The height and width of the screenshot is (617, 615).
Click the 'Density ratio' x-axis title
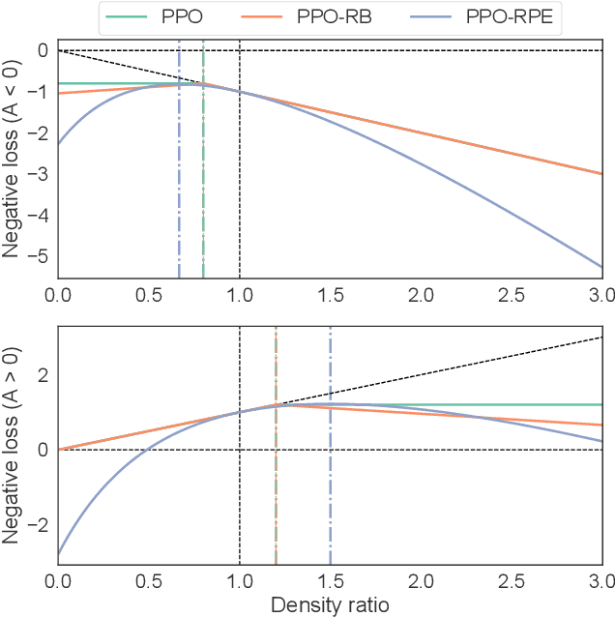coord(330,604)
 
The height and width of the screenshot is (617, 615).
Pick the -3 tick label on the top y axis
coord(40,174)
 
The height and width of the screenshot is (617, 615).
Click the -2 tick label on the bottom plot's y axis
coord(40,524)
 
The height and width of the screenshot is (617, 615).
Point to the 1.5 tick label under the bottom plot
coord(330,582)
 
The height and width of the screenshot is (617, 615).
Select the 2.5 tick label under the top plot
coord(512,292)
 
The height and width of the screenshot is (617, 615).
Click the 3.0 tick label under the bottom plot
coord(600,582)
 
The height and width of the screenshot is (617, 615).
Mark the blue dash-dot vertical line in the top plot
coord(179,193)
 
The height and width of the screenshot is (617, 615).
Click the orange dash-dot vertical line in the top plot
coord(203,193)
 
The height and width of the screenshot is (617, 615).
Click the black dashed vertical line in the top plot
coord(240,213)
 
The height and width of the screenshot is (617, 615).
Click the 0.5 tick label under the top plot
coord(149,292)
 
